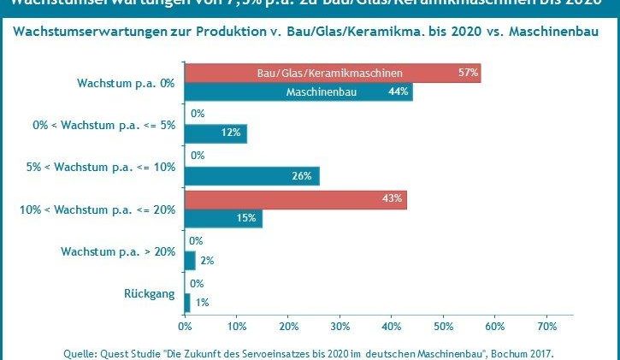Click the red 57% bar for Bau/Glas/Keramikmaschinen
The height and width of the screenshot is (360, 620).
coord(333,73)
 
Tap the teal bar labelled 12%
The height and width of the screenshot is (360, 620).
coord(216,133)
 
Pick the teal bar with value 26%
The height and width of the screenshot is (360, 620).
coord(251,176)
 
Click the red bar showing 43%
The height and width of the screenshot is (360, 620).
coord(295,200)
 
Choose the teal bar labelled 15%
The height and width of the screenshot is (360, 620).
coord(223,219)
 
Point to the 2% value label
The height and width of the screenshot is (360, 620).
coord(206,260)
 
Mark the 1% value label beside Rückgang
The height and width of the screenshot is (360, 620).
coord(202,302)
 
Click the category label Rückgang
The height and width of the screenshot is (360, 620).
coord(153,294)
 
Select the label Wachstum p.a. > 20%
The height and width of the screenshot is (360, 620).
coord(118,251)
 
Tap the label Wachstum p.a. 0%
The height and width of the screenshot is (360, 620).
coord(125,83)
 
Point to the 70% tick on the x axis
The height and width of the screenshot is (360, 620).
coord(546,327)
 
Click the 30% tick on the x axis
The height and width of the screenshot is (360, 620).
coord(340,327)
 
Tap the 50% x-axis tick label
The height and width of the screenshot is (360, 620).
coord(443,327)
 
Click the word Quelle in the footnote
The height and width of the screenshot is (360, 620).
coord(81,352)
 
